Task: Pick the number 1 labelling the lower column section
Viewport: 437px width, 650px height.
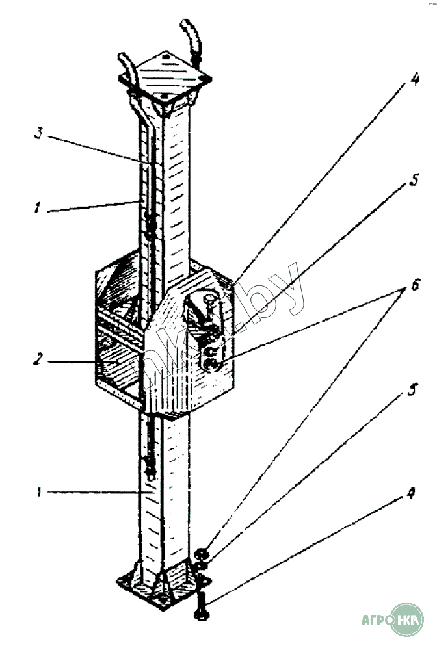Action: click(x=40, y=493)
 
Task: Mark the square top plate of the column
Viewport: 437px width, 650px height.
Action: click(x=165, y=77)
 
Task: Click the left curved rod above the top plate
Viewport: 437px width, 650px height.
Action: click(x=127, y=68)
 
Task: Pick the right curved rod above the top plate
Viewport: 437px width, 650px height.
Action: click(x=191, y=39)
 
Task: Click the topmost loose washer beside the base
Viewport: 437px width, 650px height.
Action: click(x=202, y=554)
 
